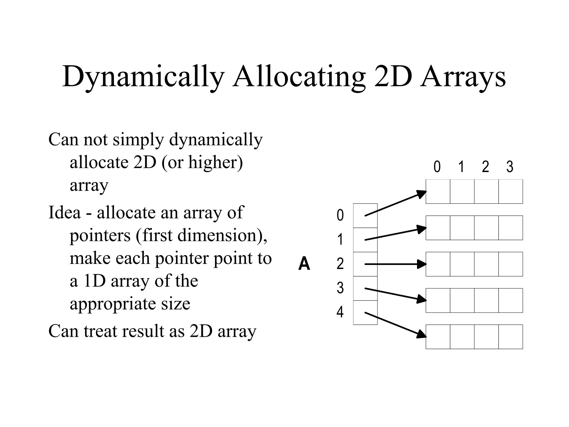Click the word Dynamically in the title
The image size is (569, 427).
(x=143, y=76)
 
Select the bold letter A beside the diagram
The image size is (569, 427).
(x=304, y=264)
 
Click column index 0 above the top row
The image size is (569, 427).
(x=437, y=167)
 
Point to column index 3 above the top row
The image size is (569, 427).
(x=510, y=167)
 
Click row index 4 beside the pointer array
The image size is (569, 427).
(x=340, y=312)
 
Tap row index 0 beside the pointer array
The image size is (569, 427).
(x=340, y=215)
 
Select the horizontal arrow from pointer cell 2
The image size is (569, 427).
(x=395, y=264)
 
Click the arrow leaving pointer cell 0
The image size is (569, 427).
(x=395, y=204)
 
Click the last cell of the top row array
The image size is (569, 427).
(x=510, y=192)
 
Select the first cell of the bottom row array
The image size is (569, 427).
(x=438, y=337)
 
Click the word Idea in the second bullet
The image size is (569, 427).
(x=64, y=212)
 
